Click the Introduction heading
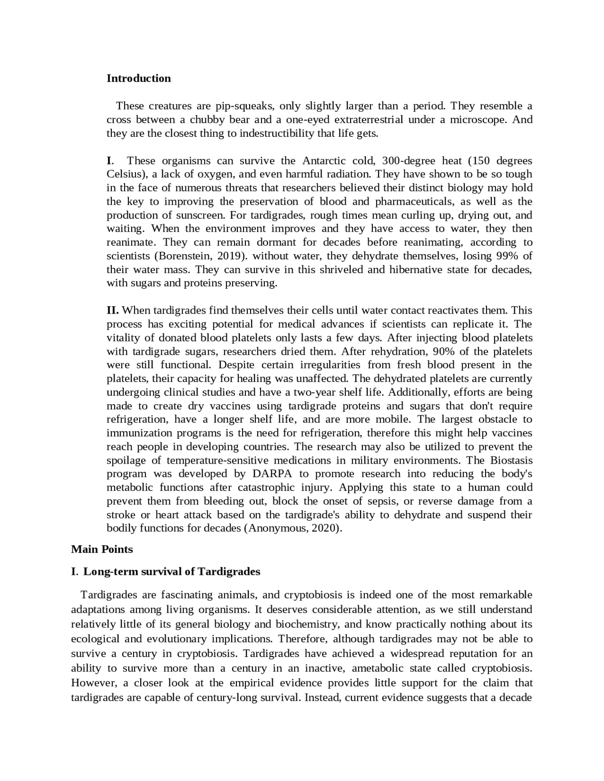point(138,78)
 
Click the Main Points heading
point(102,549)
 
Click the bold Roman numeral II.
point(112,310)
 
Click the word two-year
point(310,392)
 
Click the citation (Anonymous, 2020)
point(293,528)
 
